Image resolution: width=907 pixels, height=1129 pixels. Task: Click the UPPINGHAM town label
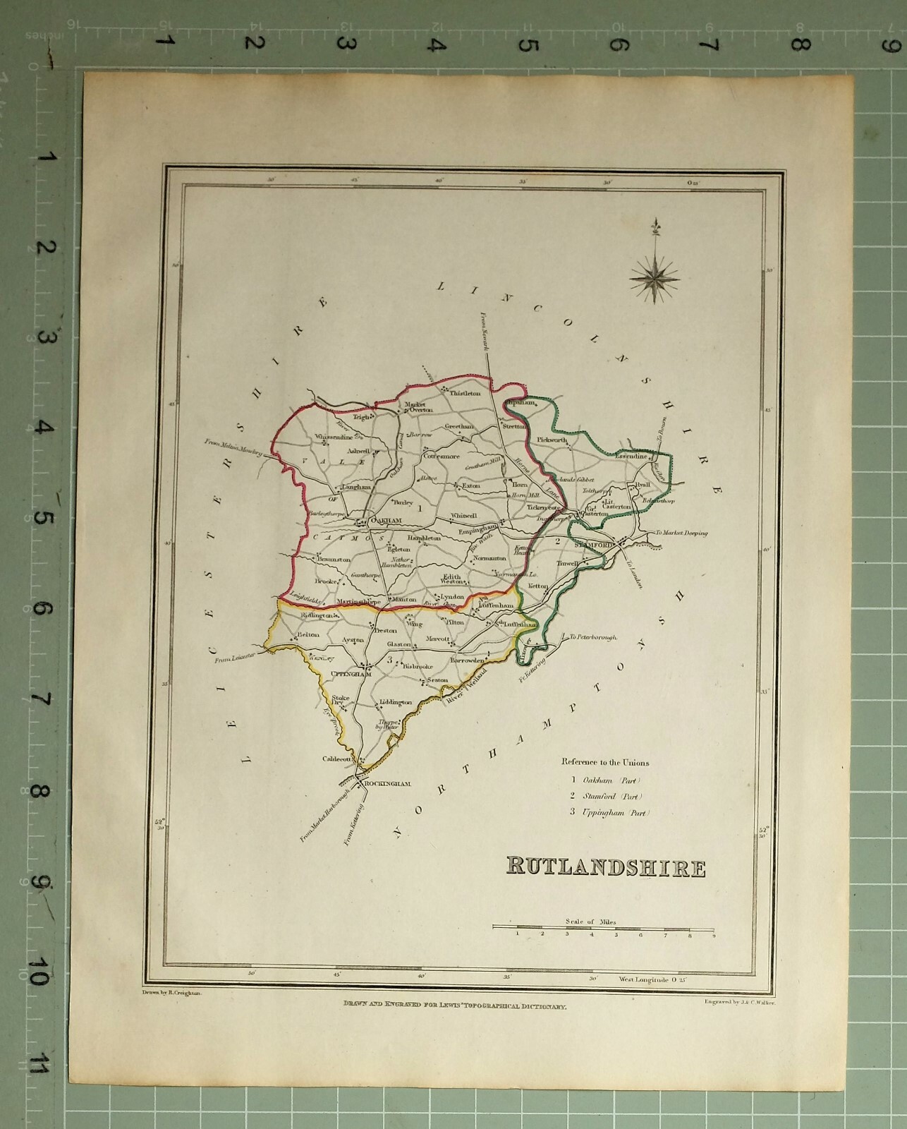(x=351, y=674)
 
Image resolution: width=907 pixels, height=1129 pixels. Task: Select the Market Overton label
(x=416, y=408)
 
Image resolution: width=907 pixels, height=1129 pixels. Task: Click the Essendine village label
(x=631, y=457)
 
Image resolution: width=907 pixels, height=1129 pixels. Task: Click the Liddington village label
(x=395, y=703)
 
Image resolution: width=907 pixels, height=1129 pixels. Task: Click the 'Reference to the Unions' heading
(x=605, y=762)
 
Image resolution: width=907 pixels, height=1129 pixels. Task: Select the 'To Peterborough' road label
(x=592, y=636)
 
